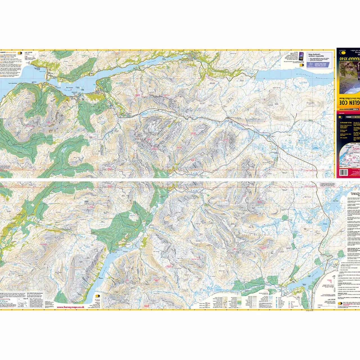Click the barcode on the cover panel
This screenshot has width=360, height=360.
pyautogui.click(x=344, y=172)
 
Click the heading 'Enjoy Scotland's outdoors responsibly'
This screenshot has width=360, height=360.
pyautogui.click(x=316, y=55)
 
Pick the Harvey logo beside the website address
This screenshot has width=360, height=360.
pyautogui.click(x=98, y=296)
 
